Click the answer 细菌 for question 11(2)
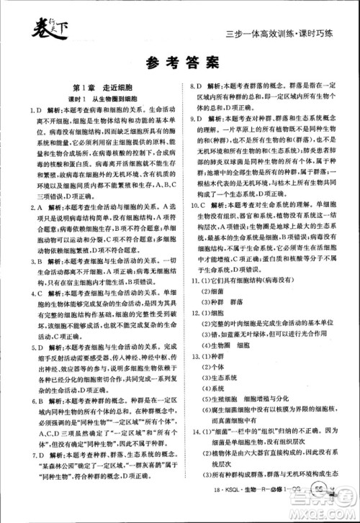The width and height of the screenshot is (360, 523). (x=217, y=292)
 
